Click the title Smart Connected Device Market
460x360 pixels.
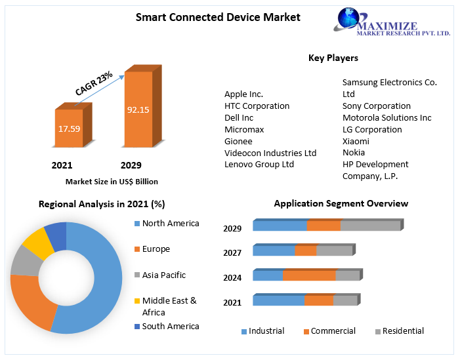click(218, 17)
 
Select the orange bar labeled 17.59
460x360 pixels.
click(69, 129)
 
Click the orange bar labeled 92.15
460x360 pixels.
click(138, 109)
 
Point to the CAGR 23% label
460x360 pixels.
click(94, 83)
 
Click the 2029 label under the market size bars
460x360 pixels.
click(131, 165)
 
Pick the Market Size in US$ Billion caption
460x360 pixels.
click(112, 182)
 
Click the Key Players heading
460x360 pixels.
click(333, 58)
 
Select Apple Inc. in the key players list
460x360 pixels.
click(243, 94)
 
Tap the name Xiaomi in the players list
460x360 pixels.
click(356, 141)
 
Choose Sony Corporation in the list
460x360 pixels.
click(377, 106)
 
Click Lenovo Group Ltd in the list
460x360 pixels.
click(259, 165)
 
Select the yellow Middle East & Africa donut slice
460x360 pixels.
click(37, 243)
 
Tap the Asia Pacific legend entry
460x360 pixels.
click(163, 275)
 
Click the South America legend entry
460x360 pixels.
click(170, 326)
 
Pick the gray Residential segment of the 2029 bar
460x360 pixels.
click(370, 226)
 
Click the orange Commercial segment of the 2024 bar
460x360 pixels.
click(309, 275)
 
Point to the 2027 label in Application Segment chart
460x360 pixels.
click(232, 253)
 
